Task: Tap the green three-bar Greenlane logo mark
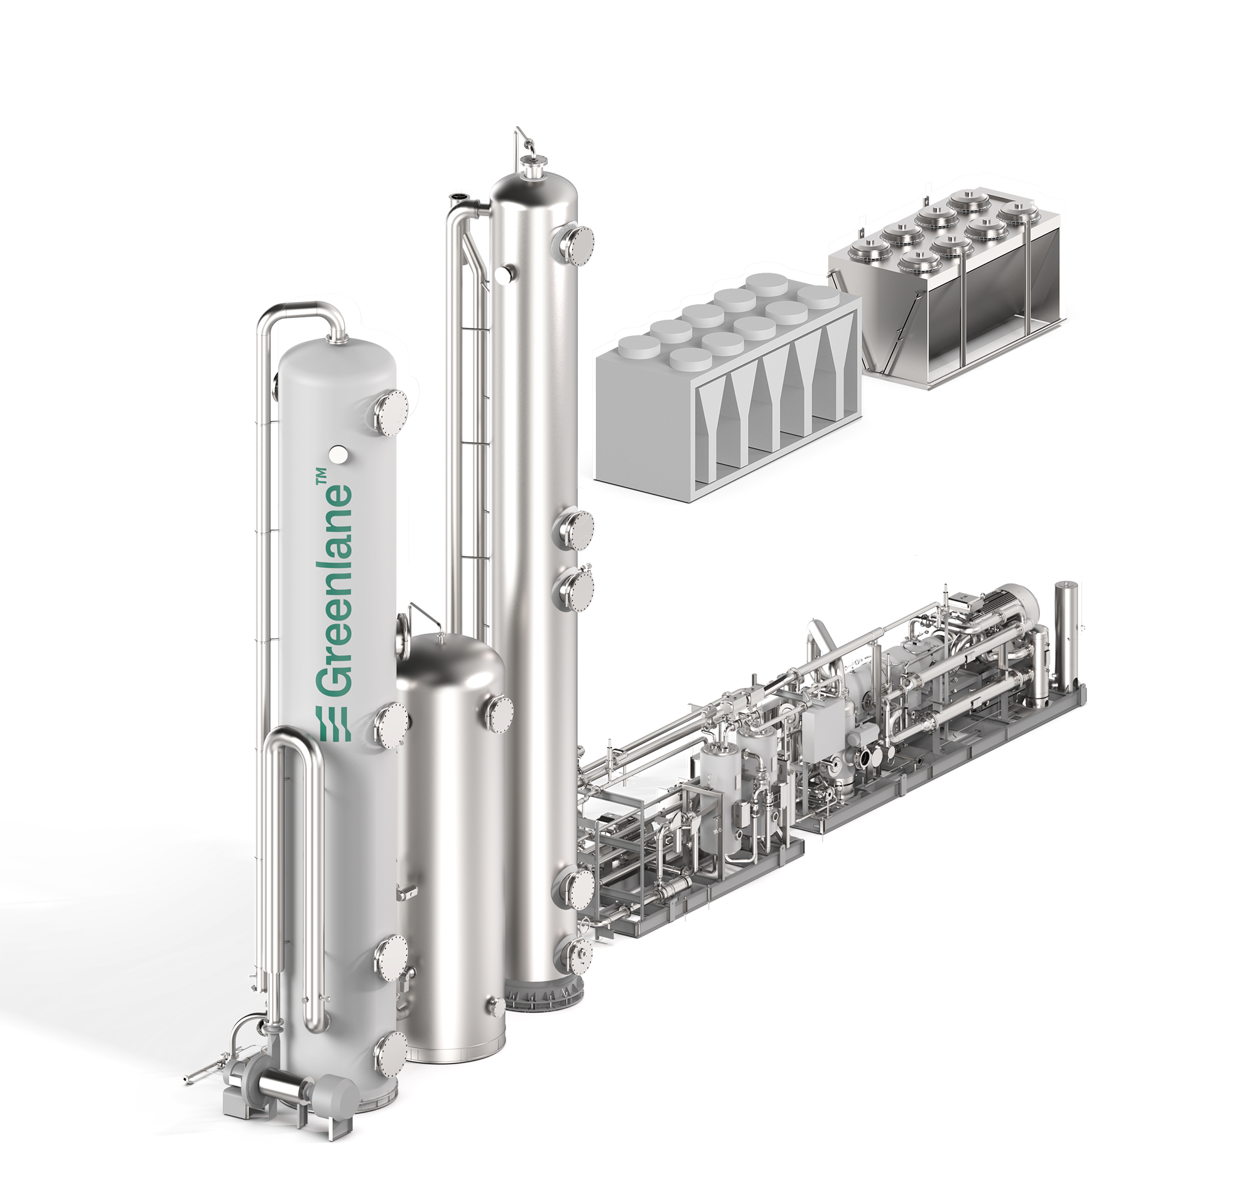[x=333, y=724]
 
